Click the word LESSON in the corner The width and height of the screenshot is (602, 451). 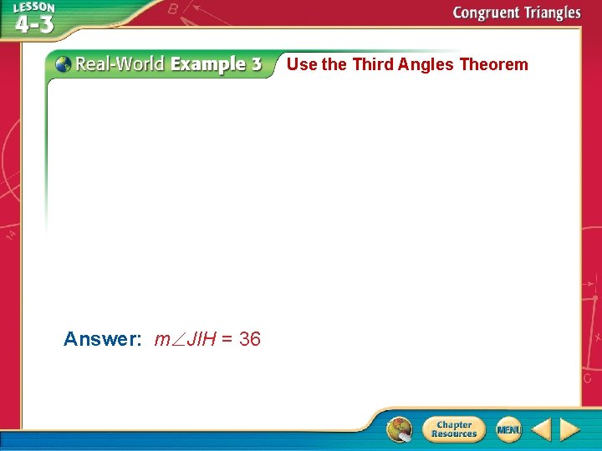[33, 8]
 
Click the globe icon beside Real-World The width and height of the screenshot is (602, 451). [63, 63]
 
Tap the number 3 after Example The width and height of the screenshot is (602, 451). [255, 64]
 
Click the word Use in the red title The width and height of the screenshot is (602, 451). [302, 64]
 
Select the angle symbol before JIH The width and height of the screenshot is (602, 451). [176, 340]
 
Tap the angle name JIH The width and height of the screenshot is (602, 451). [202, 339]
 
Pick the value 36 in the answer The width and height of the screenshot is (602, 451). [250, 339]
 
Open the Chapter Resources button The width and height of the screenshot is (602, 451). [453, 429]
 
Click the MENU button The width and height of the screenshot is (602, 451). [508, 429]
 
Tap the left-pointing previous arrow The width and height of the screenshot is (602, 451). [541, 429]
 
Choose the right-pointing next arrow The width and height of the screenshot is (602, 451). [569, 429]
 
